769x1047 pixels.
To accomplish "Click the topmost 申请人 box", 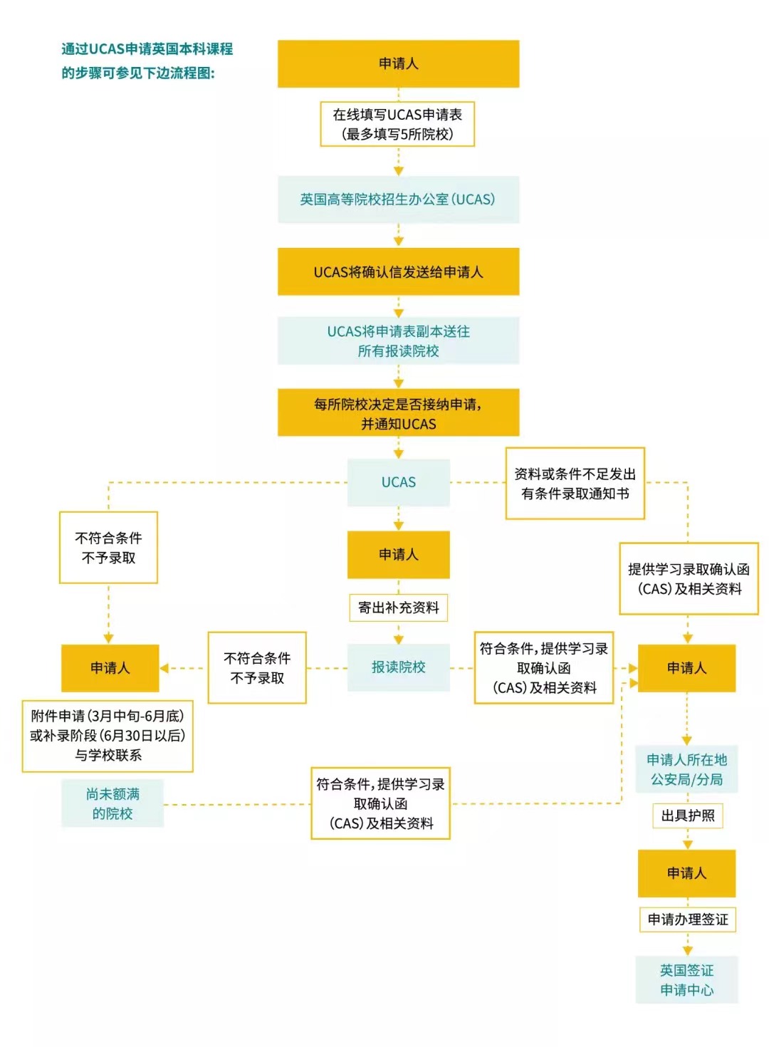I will [x=398, y=64].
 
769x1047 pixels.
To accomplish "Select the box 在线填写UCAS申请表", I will [x=397, y=124].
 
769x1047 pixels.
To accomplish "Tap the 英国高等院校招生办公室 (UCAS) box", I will [x=398, y=199].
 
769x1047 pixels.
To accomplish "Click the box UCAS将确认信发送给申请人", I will [x=398, y=272].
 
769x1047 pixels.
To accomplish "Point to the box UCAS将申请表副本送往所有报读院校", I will [x=398, y=341].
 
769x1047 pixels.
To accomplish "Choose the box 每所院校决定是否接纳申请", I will [x=398, y=413].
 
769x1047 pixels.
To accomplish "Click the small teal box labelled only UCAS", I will [x=398, y=482].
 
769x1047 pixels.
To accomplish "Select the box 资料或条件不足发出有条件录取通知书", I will [x=575, y=484].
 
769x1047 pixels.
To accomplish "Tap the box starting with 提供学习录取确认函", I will [x=688, y=578].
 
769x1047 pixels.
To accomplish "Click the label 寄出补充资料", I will [x=398, y=608].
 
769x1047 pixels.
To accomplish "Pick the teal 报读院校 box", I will [x=398, y=667].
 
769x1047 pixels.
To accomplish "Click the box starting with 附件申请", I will [x=108, y=736].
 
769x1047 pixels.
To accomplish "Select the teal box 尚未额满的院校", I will [x=113, y=803].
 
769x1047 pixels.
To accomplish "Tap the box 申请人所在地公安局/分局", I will [x=686, y=769].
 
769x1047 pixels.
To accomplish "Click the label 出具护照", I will [x=687, y=816].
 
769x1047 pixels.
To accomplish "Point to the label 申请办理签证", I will [x=687, y=920].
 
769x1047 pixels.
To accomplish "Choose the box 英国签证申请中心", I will [x=686, y=980].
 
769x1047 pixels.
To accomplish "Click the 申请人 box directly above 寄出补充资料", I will [x=398, y=554].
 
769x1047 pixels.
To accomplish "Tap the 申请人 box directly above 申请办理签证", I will [x=686, y=873].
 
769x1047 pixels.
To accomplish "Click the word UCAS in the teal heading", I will [x=107, y=49].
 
